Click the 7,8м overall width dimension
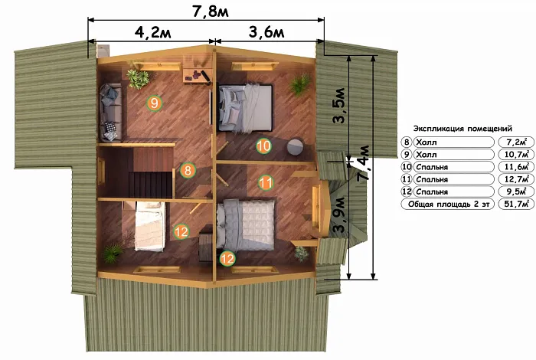coord(211,11)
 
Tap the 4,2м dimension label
coord(152,32)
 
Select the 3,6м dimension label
coord(266,32)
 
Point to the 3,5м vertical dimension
coord(340,105)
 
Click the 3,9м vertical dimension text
coord(339,214)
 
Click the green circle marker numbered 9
coord(154,103)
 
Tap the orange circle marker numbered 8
coord(188,170)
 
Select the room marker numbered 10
coord(263,146)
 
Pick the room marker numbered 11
coord(265,182)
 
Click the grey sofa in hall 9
coord(110,113)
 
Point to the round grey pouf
coord(296,146)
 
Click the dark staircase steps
coord(150,185)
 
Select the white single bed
coord(149,226)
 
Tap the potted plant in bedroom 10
coord(300,84)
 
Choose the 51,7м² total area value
coord(516,204)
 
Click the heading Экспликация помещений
coord(462,129)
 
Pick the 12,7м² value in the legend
coord(516,179)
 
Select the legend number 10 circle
coord(407,167)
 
